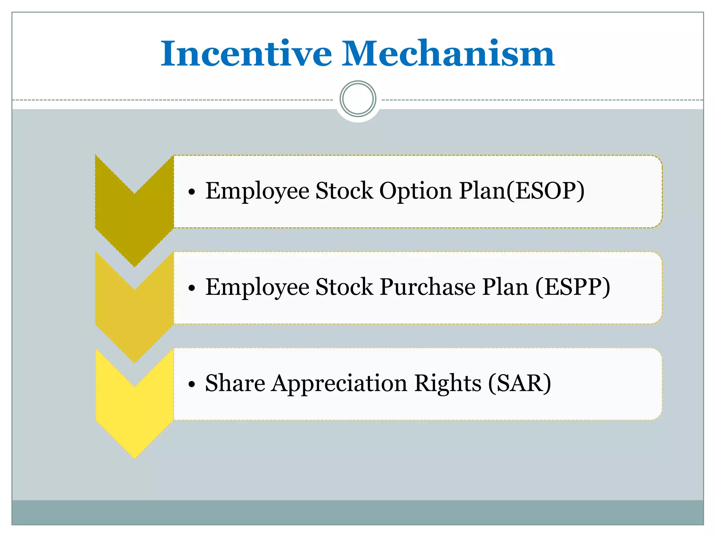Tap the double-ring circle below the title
[358, 99]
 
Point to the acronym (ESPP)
[573, 287]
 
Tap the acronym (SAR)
[520, 384]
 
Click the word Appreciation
[340, 384]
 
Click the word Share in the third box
[235, 384]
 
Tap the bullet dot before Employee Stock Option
[191, 192]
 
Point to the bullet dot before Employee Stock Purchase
[191, 288]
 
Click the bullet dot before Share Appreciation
[191, 385]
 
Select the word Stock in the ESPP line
[344, 287]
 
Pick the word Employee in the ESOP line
[257, 191]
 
